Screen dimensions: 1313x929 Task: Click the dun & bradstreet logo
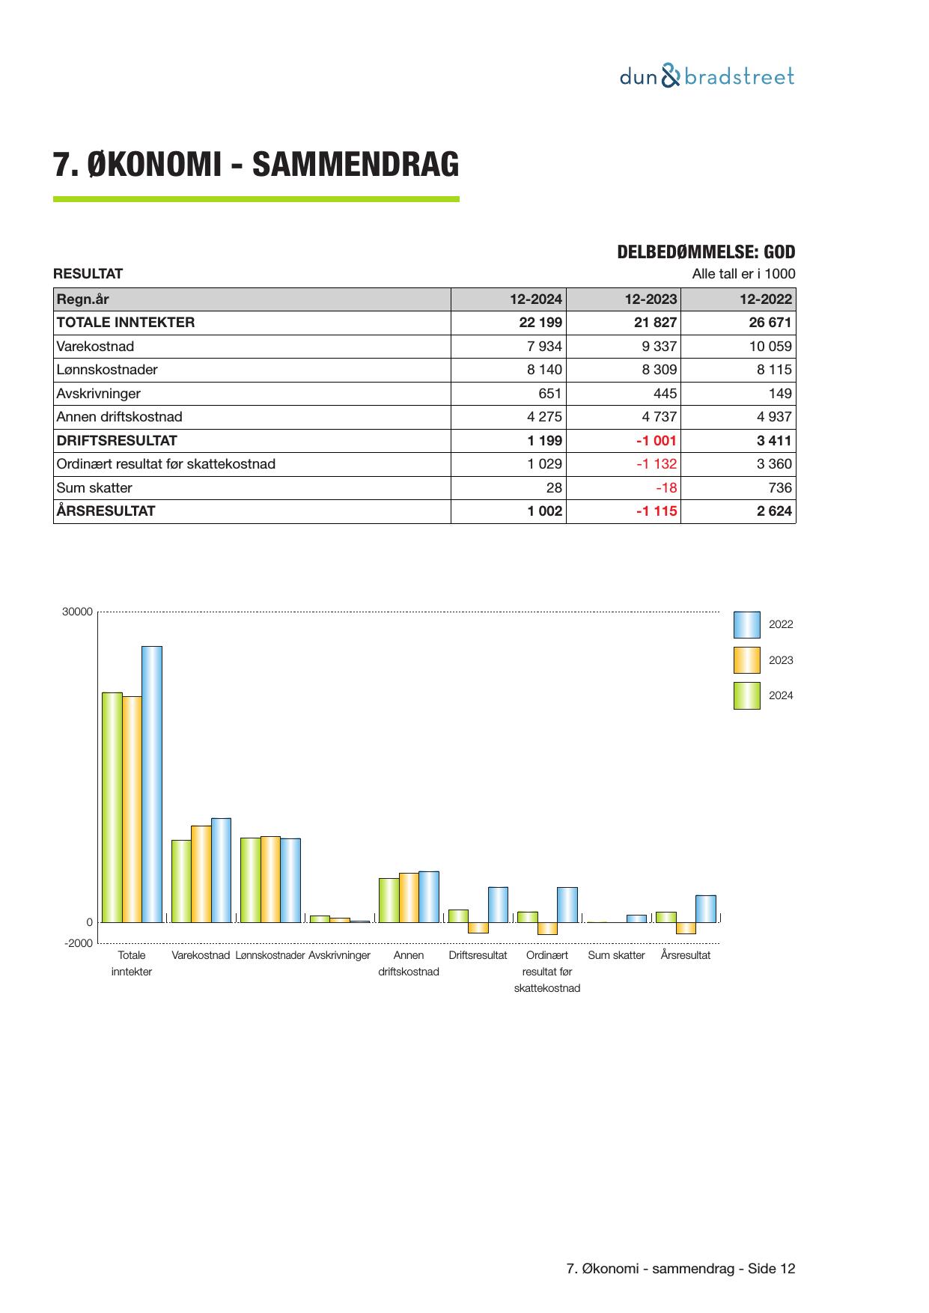707,76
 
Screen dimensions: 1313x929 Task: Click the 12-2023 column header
651,299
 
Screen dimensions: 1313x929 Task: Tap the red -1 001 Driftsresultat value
655,441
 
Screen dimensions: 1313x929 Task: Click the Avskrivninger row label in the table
98,394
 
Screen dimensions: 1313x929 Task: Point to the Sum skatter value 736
779,488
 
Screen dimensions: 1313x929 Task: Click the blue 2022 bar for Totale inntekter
152,784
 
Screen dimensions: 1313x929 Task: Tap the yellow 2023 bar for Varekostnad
201,874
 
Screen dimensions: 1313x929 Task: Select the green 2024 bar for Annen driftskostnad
389,900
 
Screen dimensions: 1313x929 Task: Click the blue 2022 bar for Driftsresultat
498,904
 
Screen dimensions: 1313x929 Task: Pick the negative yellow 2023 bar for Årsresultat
686,928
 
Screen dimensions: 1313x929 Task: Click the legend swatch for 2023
746,660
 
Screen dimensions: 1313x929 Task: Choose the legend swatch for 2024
746,695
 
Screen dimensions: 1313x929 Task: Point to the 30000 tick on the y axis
77,612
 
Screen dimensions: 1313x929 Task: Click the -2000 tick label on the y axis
78,943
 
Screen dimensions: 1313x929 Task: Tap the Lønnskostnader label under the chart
269,956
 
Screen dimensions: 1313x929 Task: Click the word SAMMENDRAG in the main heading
355,165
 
